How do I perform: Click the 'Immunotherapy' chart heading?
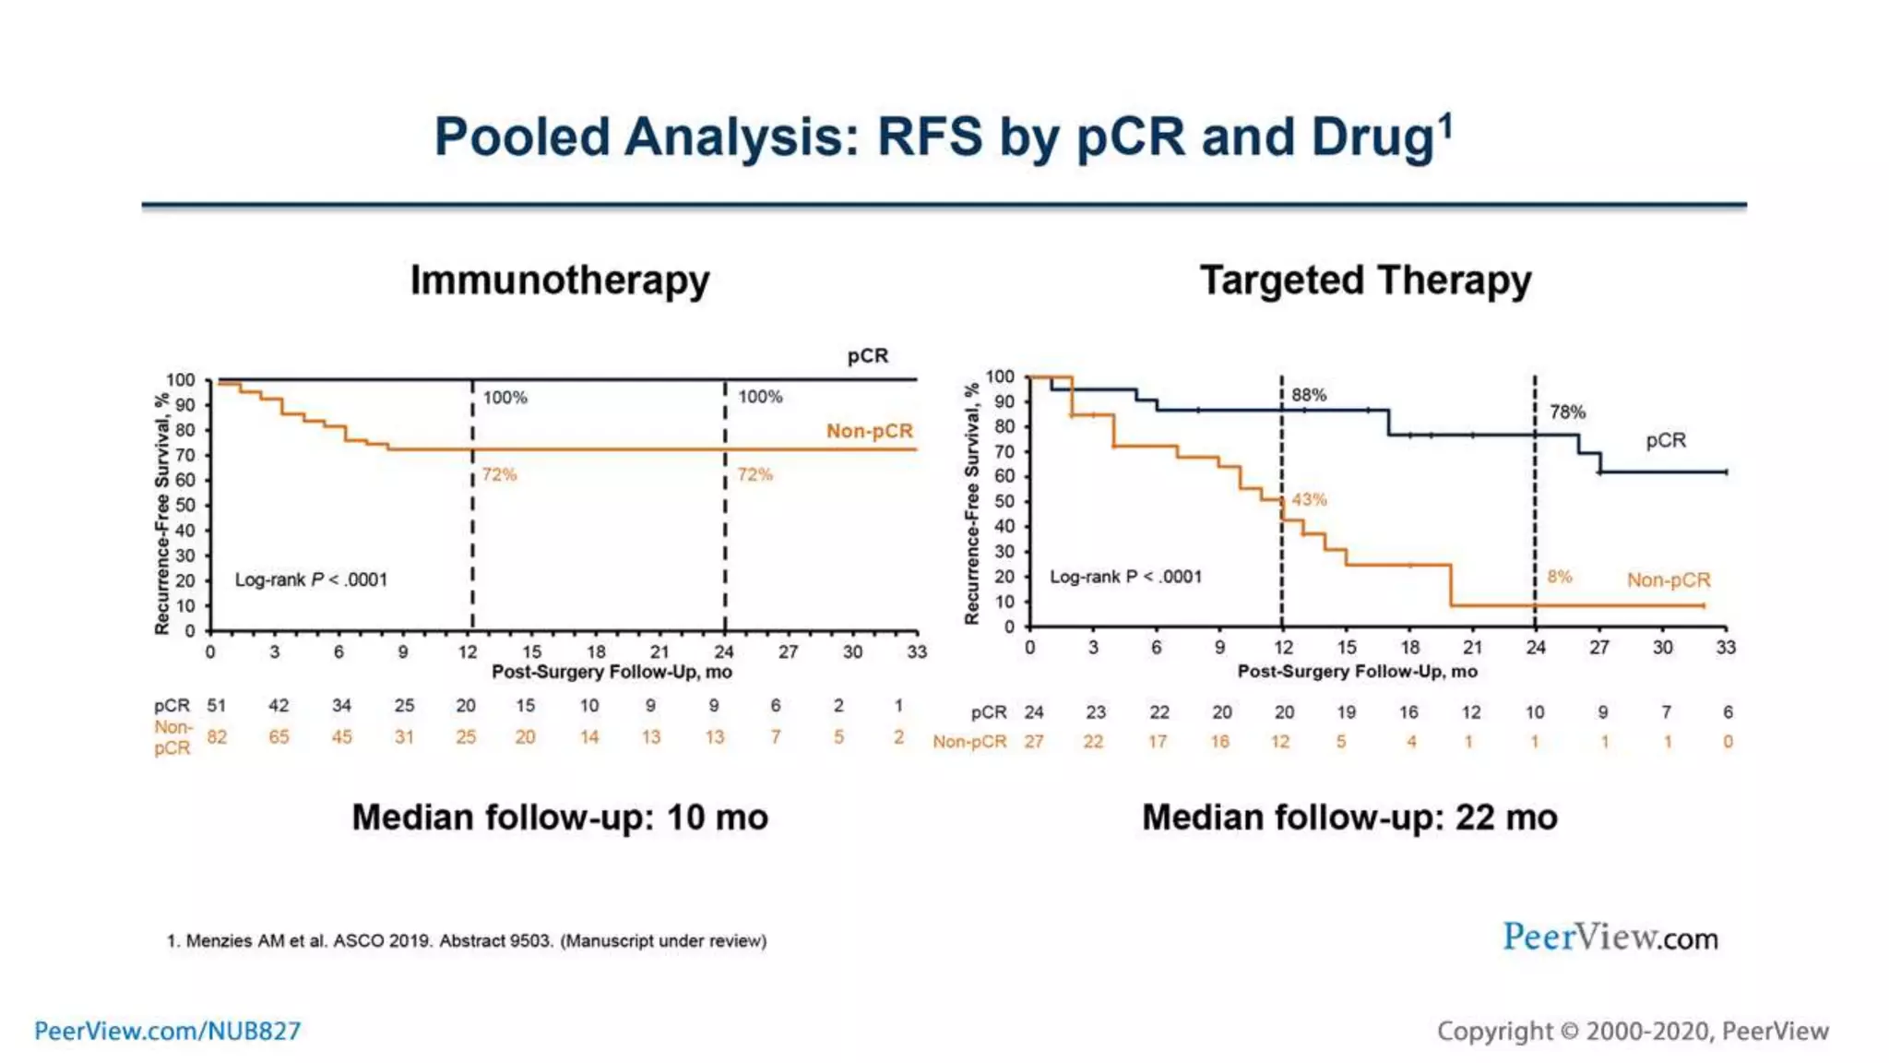pyautogui.click(x=560, y=281)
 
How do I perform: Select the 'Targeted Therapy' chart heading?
pyautogui.click(x=1365, y=281)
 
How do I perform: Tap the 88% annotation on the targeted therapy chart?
pyautogui.click(x=1309, y=395)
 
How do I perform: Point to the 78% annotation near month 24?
pyautogui.click(x=1567, y=412)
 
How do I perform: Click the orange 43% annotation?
pyautogui.click(x=1309, y=499)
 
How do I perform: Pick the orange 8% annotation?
pyautogui.click(x=1560, y=577)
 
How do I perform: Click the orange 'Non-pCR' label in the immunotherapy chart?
pyautogui.click(x=869, y=431)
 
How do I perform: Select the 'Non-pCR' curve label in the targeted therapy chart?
pyautogui.click(x=1669, y=580)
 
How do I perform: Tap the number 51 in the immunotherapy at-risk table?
pyautogui.click(x=216, y=706)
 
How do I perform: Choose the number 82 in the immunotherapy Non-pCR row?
pyautogui.click(x=217, y=737)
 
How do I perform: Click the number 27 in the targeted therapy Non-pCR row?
pyautogui.click(x=1034, y=742)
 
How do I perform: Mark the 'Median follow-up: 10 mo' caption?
pyautogui.click(x=560, y=818)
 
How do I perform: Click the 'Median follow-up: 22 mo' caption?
pyautogui.click(x=1349, y=818)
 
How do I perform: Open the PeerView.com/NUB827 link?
pyautogui.click(x=168, y=1031)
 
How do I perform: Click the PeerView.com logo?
pyautogui.click(x=1610, y=938)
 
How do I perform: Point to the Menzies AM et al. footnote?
pyautogui.click(x=467, y=941)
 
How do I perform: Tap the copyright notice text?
pyautogui.click(x=1633, y=1031)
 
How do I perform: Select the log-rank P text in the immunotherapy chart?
pyautogui.click(x=311, y=580)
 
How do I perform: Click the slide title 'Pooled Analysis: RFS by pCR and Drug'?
pyautogui.click(x=943, y=137)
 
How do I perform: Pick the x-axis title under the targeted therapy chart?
pyautogui.click(x=1357, y=672)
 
